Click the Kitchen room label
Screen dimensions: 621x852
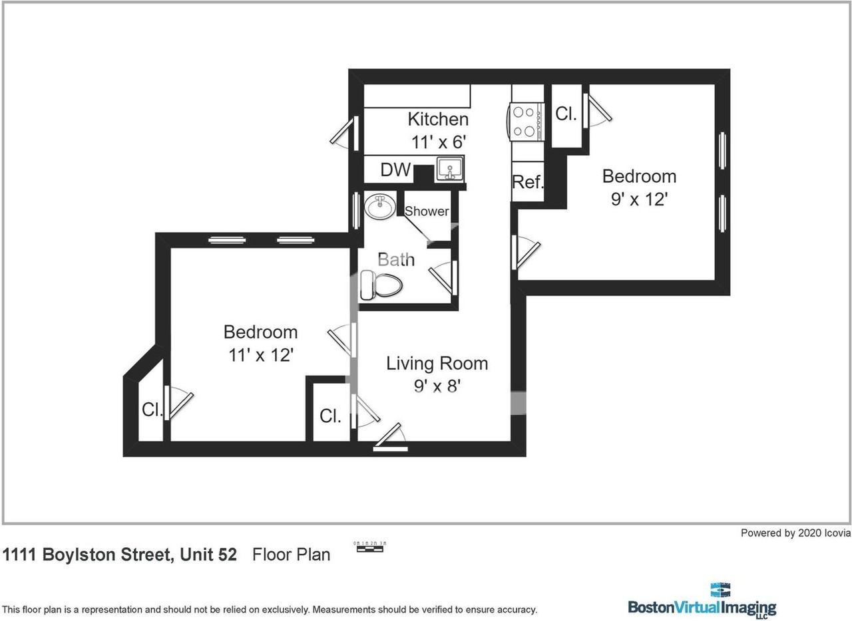click(x=437, y=119)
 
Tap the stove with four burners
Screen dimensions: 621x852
click(x=526, y=122)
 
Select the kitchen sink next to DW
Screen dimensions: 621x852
click(x=450, y=169)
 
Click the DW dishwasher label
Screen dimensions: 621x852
click(x=395, y=170)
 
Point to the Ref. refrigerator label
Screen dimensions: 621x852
click(x=528, y=182)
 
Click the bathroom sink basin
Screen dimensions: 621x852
click(x=379, y=206)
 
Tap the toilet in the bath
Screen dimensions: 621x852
click(x=381, y=286)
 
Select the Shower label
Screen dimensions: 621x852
click(x=427, y=211)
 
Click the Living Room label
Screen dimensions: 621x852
click(x=437, y=363)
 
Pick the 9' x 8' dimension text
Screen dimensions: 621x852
click(x=437, y=386)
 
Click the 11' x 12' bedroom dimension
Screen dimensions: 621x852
click(x=261, y=355)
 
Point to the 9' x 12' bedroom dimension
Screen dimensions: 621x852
click(x=639, y=199)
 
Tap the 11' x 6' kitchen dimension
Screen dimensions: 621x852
click(x=437, y=142)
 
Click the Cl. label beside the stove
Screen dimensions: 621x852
click(x=566, y=114)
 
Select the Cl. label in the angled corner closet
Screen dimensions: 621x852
click(x=151, y=410)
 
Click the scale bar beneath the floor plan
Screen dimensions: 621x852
click(x=371, y=547)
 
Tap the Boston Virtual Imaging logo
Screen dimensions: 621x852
click(x=702, y=600)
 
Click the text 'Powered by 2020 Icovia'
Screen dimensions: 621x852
click(x=795, y=533)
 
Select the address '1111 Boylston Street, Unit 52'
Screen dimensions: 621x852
click(x=120, y=555)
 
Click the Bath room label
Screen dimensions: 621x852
click(x=396, y=259)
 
